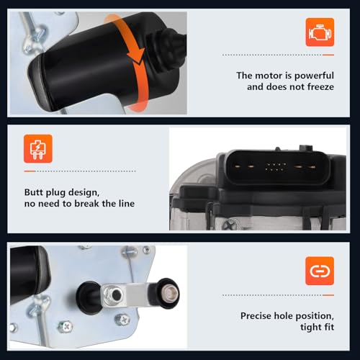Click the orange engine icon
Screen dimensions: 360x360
coord(320,32)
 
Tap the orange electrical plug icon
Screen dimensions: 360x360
coord(38,149)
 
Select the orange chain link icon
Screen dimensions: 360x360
coord(320,271)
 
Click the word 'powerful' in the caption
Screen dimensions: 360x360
coord(314,76)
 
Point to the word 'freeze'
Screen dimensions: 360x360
coord(320,87)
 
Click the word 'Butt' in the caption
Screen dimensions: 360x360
coord(34,192)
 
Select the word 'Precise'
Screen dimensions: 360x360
coord(256,315)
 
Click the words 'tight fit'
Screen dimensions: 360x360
coord(317,327)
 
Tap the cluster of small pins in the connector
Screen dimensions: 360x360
coord(276,167)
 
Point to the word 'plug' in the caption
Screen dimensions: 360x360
coord(55,193)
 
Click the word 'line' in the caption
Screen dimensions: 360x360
coord(127,204)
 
